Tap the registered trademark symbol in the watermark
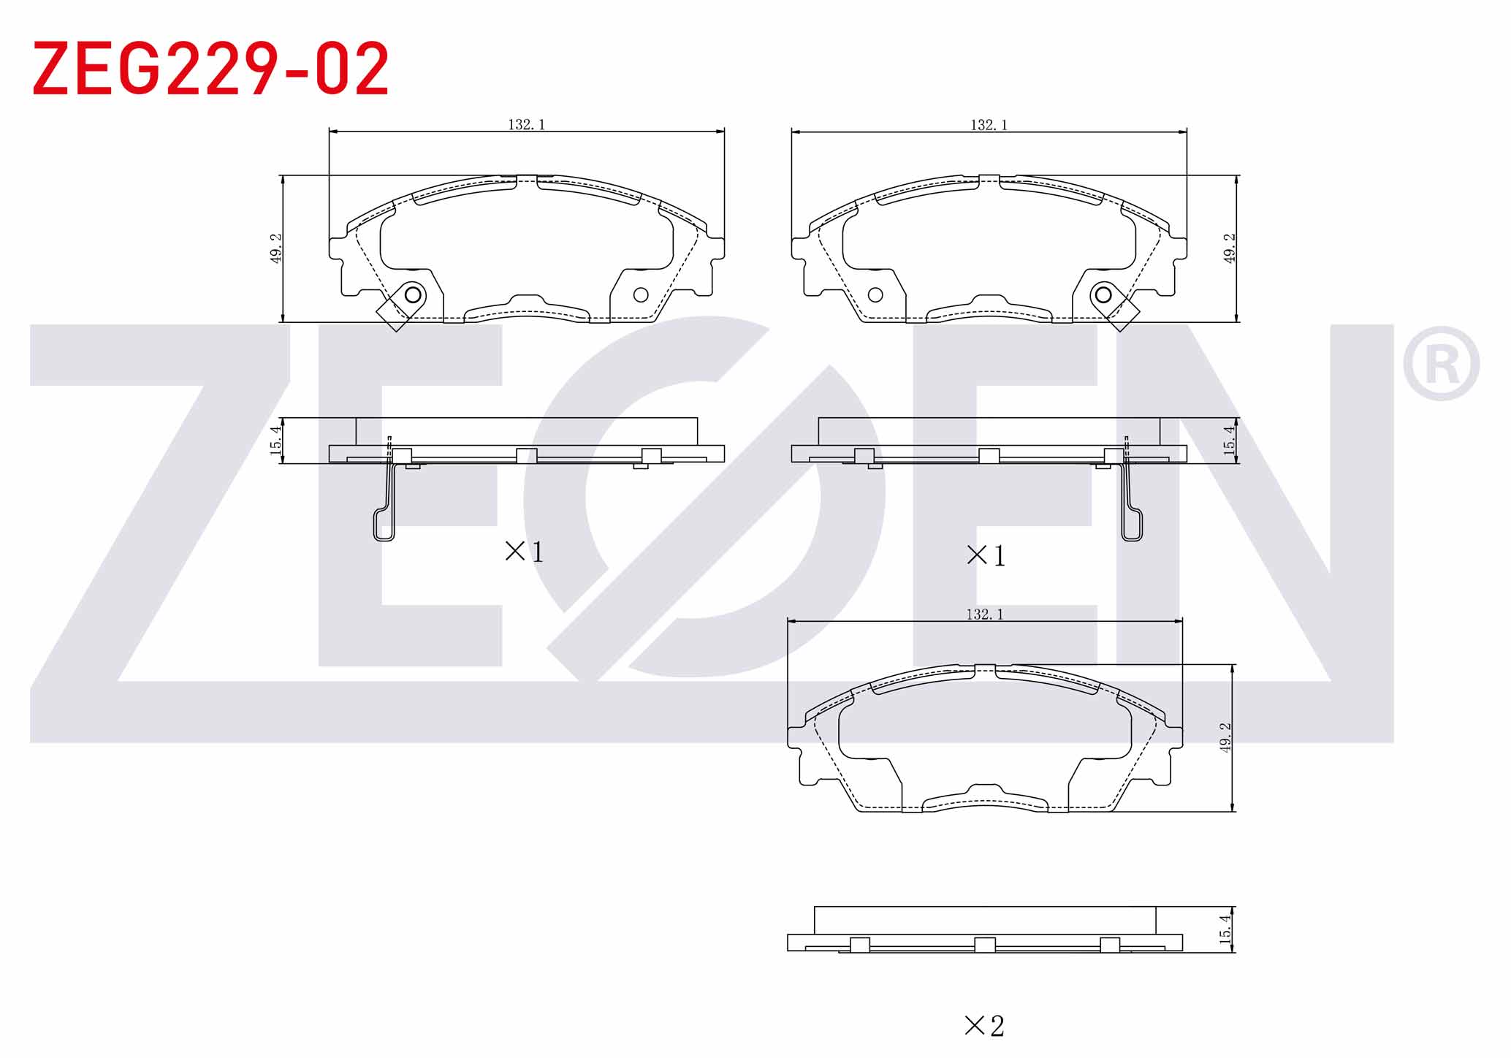[1440, 363]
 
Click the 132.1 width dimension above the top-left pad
[527, 125]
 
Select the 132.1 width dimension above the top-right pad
[989, 125]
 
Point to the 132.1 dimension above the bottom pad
[985, 614]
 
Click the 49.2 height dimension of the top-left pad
[276, 248]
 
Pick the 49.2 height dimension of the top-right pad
[1230, 248]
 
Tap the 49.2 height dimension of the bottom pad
[1225, 737]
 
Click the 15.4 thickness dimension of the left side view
[275, 441]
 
